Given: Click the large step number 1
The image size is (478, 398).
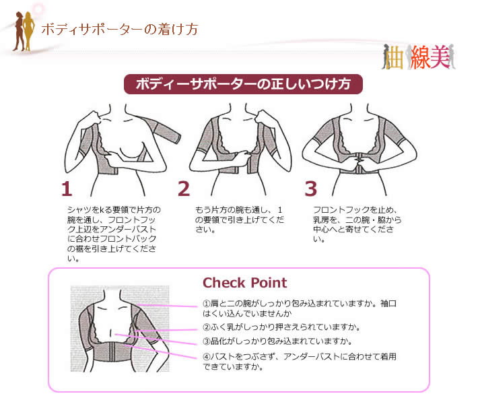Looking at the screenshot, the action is [67, 189].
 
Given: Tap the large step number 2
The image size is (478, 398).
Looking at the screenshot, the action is [184, 189].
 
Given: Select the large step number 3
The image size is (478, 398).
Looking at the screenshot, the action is [310, 189].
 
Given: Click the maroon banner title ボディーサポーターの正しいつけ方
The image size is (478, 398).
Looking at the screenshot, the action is [243, 84].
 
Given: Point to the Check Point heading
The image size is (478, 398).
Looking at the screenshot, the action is [245, 283].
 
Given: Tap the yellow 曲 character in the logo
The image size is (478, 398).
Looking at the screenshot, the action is [395, 58].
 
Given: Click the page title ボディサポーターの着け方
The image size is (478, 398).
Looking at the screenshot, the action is [120, 30].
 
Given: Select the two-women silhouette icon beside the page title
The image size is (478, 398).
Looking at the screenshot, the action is [23, 31].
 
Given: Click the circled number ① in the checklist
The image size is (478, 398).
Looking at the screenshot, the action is [207, 304].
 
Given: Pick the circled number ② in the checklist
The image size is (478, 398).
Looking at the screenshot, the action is [207, 327].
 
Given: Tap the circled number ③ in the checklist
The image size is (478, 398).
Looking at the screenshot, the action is [207, 341].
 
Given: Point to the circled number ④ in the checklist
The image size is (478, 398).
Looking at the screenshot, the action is [207, 356].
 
